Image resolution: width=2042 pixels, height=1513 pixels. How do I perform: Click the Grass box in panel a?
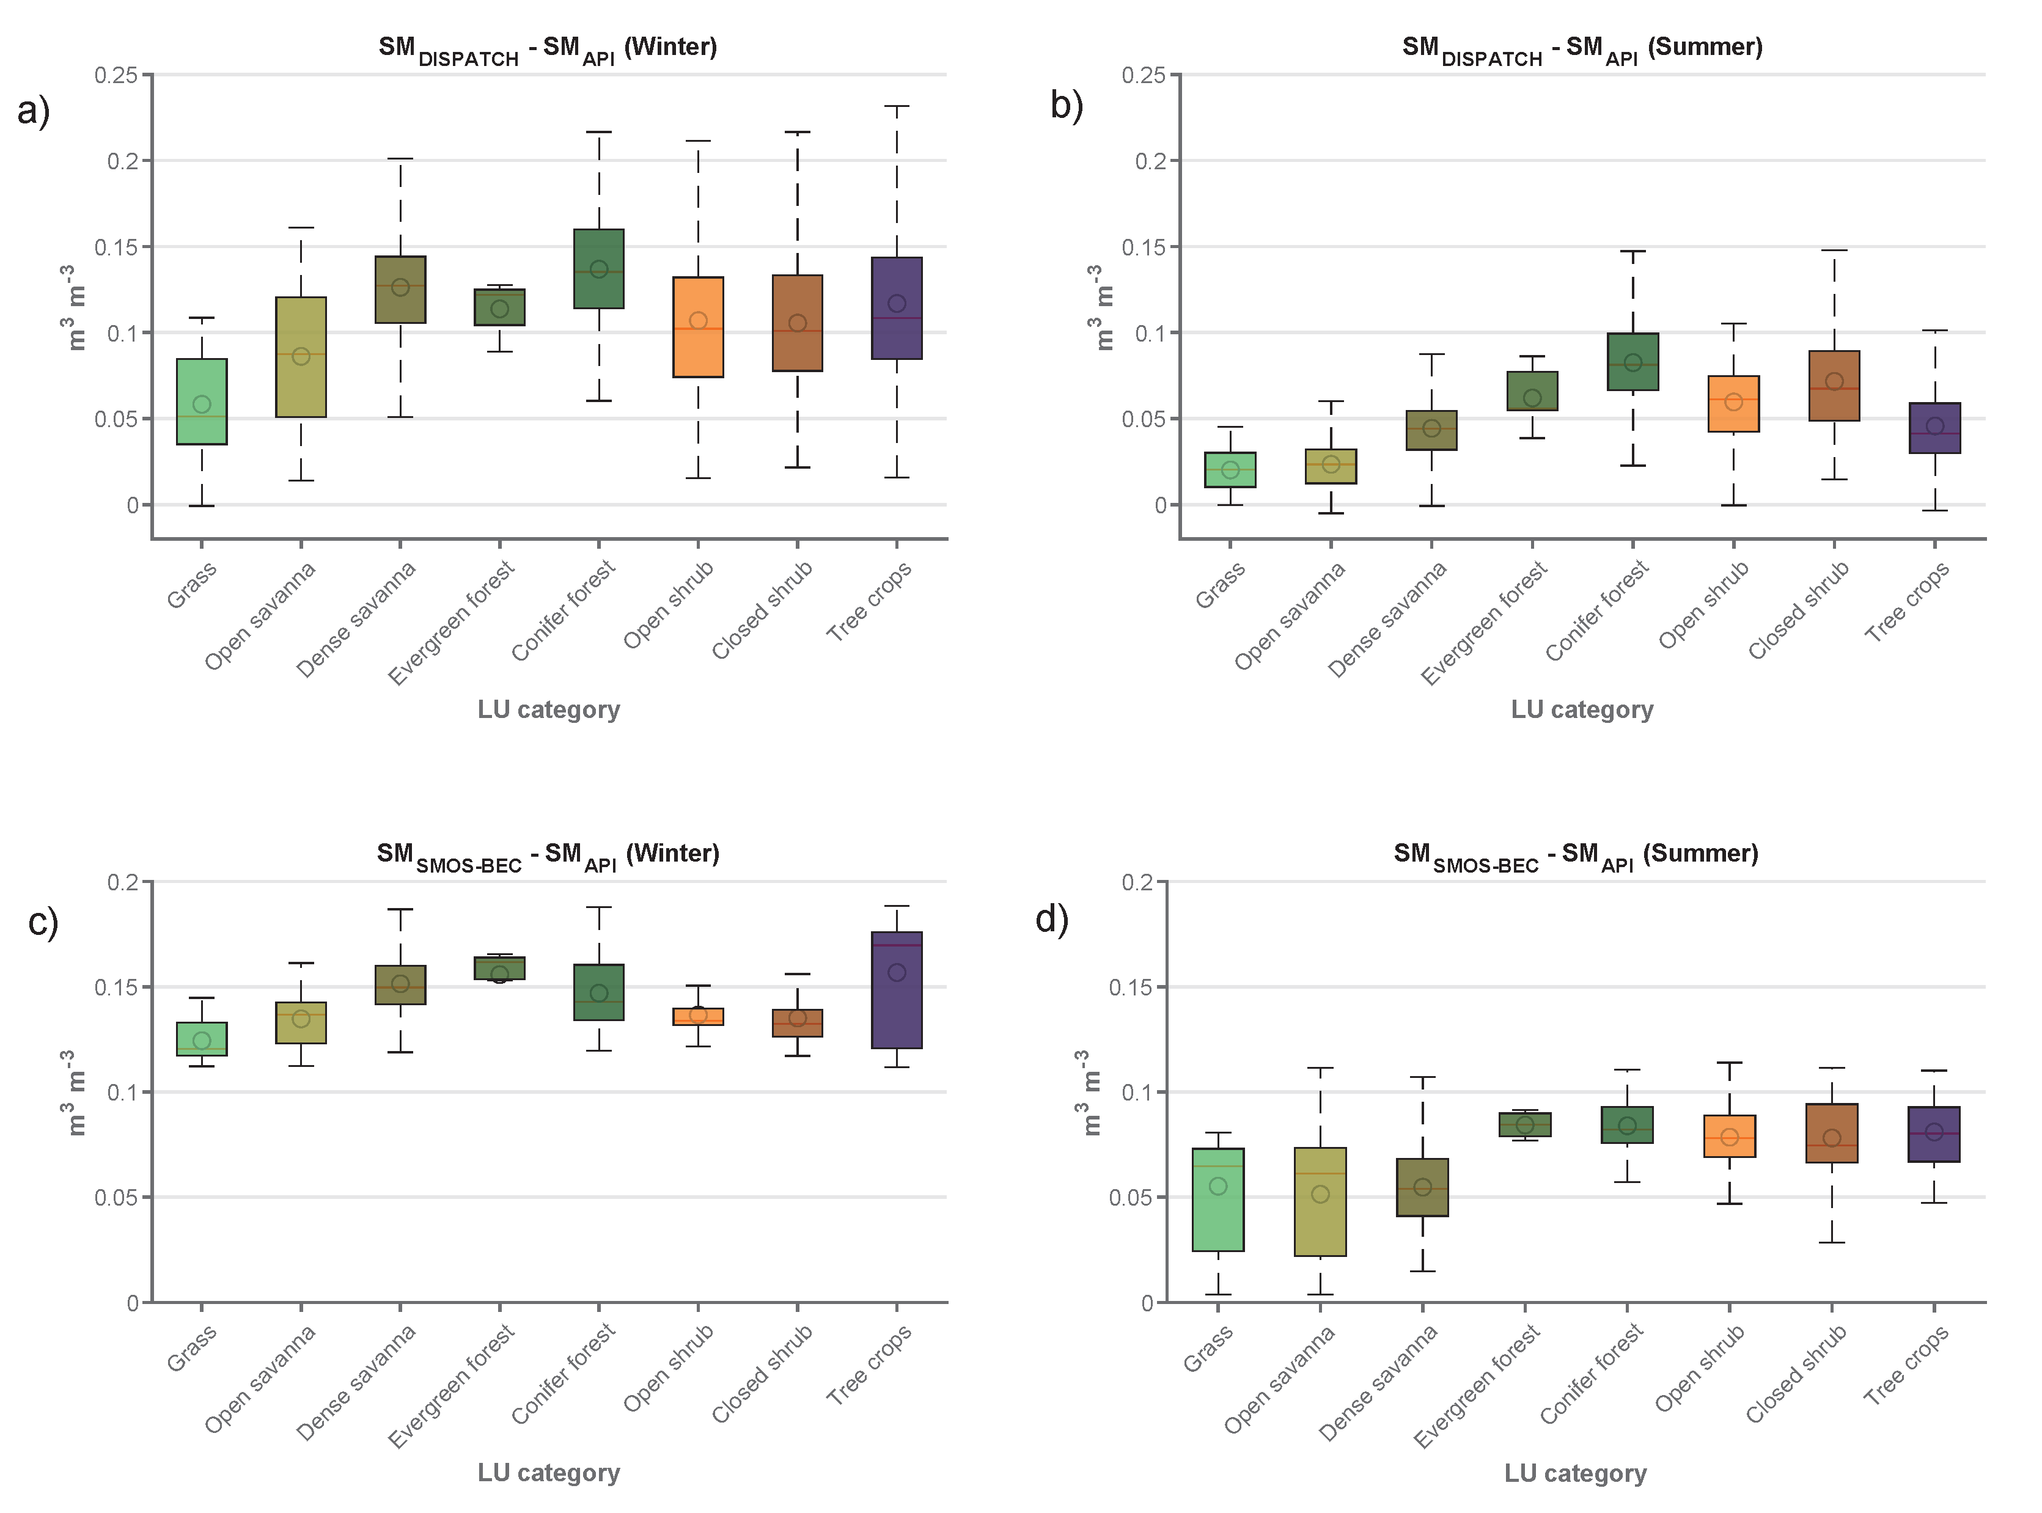point(202,401)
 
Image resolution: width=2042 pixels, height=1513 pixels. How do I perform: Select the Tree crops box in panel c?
point(896,990)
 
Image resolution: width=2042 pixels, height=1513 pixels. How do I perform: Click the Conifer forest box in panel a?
point(598,268)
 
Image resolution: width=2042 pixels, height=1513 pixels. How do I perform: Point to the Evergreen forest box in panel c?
point(499,968)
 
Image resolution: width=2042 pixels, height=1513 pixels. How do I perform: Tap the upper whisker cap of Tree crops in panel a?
point(896,106)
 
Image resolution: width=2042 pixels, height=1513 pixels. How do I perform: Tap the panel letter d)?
point(1052,918)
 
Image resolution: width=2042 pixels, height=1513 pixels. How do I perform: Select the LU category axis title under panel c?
point(549,1473)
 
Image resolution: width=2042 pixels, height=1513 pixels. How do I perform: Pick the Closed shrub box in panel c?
point(797,1023)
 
